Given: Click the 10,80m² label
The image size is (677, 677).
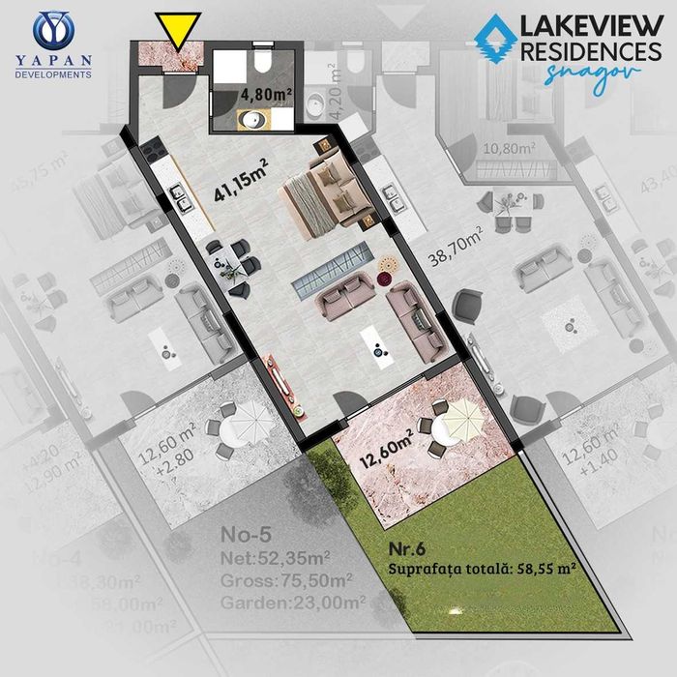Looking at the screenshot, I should [x=509, y=149].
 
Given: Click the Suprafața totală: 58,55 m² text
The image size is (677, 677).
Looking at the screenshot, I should [x=484, y=570].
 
